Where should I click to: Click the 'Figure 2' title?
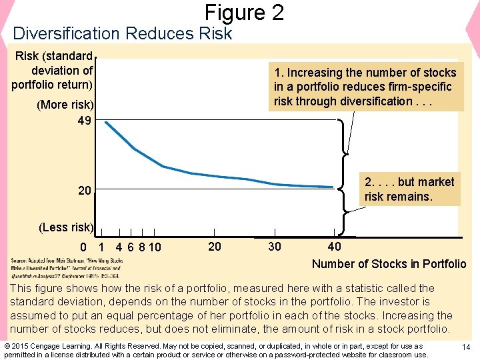click(x=244, y=12)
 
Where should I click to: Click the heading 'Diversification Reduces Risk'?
click(x=122, y=33)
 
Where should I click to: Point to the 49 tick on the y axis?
click(x=84, y=121)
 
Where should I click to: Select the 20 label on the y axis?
click(x=85, y=191)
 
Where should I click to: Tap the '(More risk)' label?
click(x=66, y=105)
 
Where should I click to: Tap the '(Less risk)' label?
click(x=66, y=227)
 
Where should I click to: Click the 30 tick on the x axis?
click(x=274, y=247)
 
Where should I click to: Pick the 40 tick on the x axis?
click(x=334, y=247)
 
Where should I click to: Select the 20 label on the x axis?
click(x=215, y=247)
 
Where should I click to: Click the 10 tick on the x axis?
click(x=155, y=248)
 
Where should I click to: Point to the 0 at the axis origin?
click(x=83, y=248)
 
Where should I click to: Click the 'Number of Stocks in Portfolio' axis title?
click(x=389, y=263)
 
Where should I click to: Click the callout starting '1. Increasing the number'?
click(x=365, y=87)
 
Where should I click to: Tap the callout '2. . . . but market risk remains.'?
click(x=409, y=189)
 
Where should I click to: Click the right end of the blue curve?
click(x=332, y=187)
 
